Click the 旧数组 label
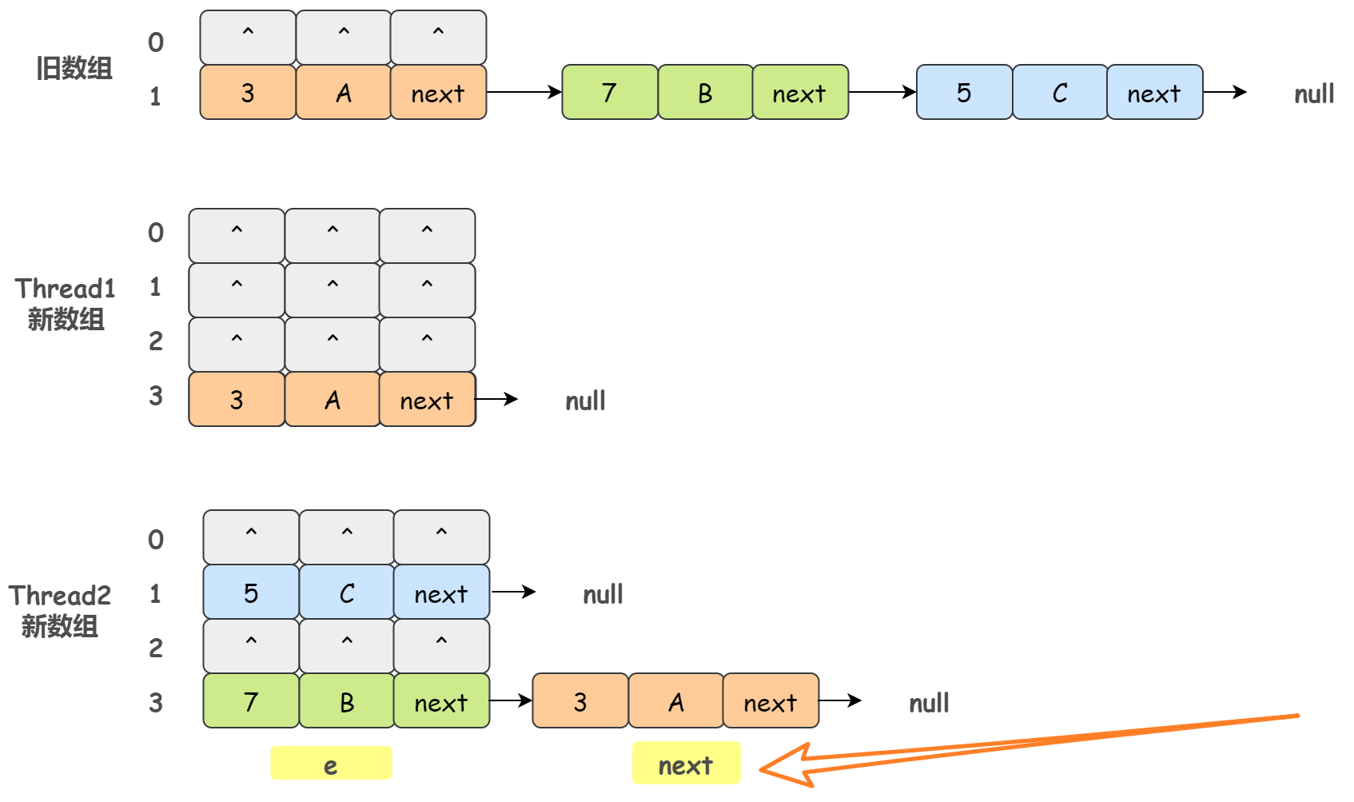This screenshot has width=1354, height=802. (74, 69)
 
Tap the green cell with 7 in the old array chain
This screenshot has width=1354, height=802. (610, 93)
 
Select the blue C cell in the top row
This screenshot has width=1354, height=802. (1060, 93)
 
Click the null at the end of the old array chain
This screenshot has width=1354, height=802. (1314, 94)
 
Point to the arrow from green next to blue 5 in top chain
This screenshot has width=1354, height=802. (882, 92)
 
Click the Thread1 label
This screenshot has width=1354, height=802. (66, 289)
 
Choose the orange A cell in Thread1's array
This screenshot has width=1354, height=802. (333, 400)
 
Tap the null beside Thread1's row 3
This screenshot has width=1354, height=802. (585, 401)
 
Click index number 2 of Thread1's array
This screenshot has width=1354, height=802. (156, 341)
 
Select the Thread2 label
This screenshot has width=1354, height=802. (60, 596)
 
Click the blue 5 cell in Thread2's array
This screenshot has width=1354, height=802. (251, 593)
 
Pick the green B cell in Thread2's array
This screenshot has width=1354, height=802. (347, 702)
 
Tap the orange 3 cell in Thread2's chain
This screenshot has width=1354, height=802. (580, 702)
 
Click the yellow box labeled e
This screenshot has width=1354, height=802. (331, 764)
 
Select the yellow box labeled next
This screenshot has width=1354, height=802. (686, 764)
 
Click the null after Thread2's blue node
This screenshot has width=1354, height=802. (603, 595)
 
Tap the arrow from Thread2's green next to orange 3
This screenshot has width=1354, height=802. (511, 701)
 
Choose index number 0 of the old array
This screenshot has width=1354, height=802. (156, 42)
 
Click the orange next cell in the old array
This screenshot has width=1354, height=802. (438, 94)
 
